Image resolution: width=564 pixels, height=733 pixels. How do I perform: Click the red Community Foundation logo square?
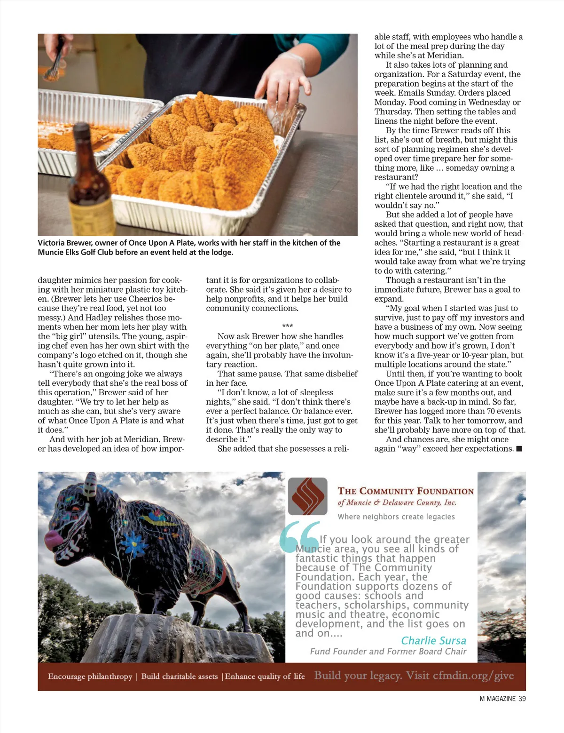pyautogui.click(x=307, y=496)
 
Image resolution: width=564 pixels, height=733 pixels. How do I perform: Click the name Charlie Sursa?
pyautogui.click(x=433, y=640)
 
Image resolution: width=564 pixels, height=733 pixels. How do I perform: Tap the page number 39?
pyautogui.click(x=522, y=699)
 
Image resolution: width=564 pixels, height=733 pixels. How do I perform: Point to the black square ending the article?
pyautogui.click(x=519, y=449)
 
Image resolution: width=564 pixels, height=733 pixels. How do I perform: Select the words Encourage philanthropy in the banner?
pyautogui.click(x=90, y=677)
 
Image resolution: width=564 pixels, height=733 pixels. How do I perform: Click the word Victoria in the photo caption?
pyautogui.click(x=53, y=243)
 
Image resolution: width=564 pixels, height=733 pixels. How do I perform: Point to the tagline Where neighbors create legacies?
pyautogui.click(x=396, y=517)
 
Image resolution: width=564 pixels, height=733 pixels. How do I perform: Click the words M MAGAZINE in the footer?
pyautogui.click(x=497, y=699)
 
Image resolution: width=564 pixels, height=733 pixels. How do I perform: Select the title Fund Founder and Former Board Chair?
pyautogui.click(x=388, y=652)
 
